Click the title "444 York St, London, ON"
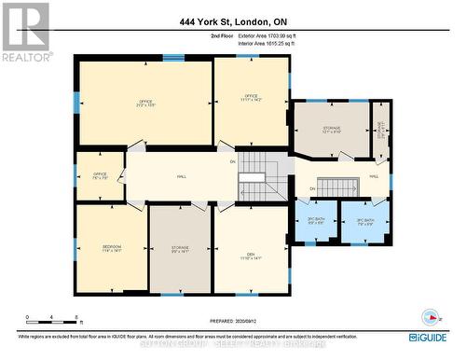coord(232,21)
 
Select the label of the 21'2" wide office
coord(145,103)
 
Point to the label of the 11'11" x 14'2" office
coord(251,97)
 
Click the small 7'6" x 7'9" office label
coord(100,175)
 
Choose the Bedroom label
coord(111,248)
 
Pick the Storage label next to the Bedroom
coord(181,250)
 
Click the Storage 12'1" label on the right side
coord(332,130)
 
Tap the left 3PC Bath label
coord(315,221)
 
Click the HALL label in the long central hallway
coord(183,175)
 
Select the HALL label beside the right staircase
coord(374,175)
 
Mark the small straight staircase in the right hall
coord(339,186)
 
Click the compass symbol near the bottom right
coord(430,314)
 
